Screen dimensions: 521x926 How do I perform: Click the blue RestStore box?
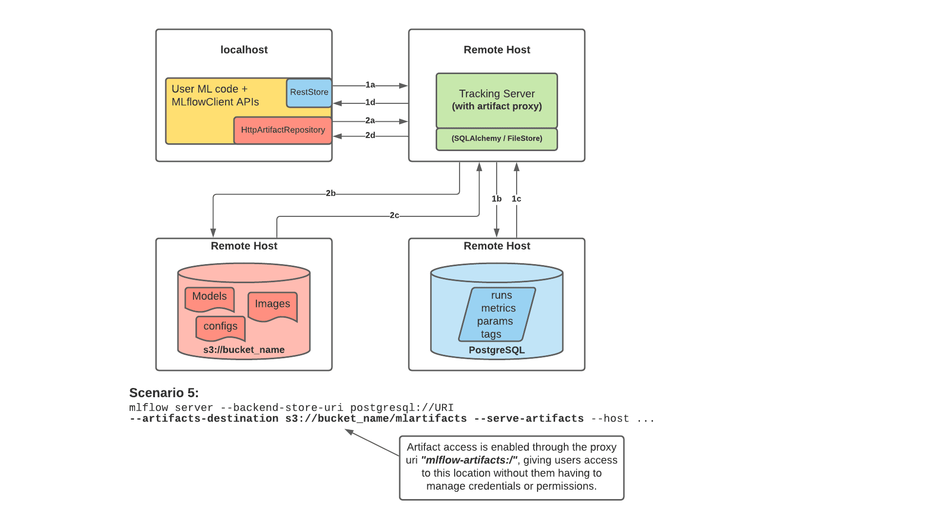coord(309,93)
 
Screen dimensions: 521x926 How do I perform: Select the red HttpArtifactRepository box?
coord(283,130)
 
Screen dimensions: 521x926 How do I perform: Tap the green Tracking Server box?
coord(497,100)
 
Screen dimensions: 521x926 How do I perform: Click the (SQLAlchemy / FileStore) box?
coord(497,139)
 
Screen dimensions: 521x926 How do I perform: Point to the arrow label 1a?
coord(370,85)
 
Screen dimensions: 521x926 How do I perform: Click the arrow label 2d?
coord(370,135)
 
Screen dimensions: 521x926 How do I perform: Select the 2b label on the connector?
coord(330,193)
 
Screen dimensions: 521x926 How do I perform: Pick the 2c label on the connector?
coord(394,215)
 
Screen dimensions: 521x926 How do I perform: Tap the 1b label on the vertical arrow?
coord(497,199)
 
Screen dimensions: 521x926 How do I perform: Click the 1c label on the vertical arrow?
coord(517,199)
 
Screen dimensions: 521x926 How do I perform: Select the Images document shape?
coord(272,305)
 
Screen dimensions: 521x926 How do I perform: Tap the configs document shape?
coord(220,327)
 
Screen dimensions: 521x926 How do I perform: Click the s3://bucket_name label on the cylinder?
coord(244,350)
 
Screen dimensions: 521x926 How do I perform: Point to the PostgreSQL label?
coord(497,350)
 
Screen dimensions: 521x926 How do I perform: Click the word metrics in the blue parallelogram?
coord(498,309)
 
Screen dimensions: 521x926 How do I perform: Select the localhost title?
coord(244,50)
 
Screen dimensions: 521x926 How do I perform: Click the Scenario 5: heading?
coord(164,393)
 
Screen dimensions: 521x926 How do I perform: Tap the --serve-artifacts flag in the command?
coord(529,419)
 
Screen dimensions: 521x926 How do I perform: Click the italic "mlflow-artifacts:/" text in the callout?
coord(469,460)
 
